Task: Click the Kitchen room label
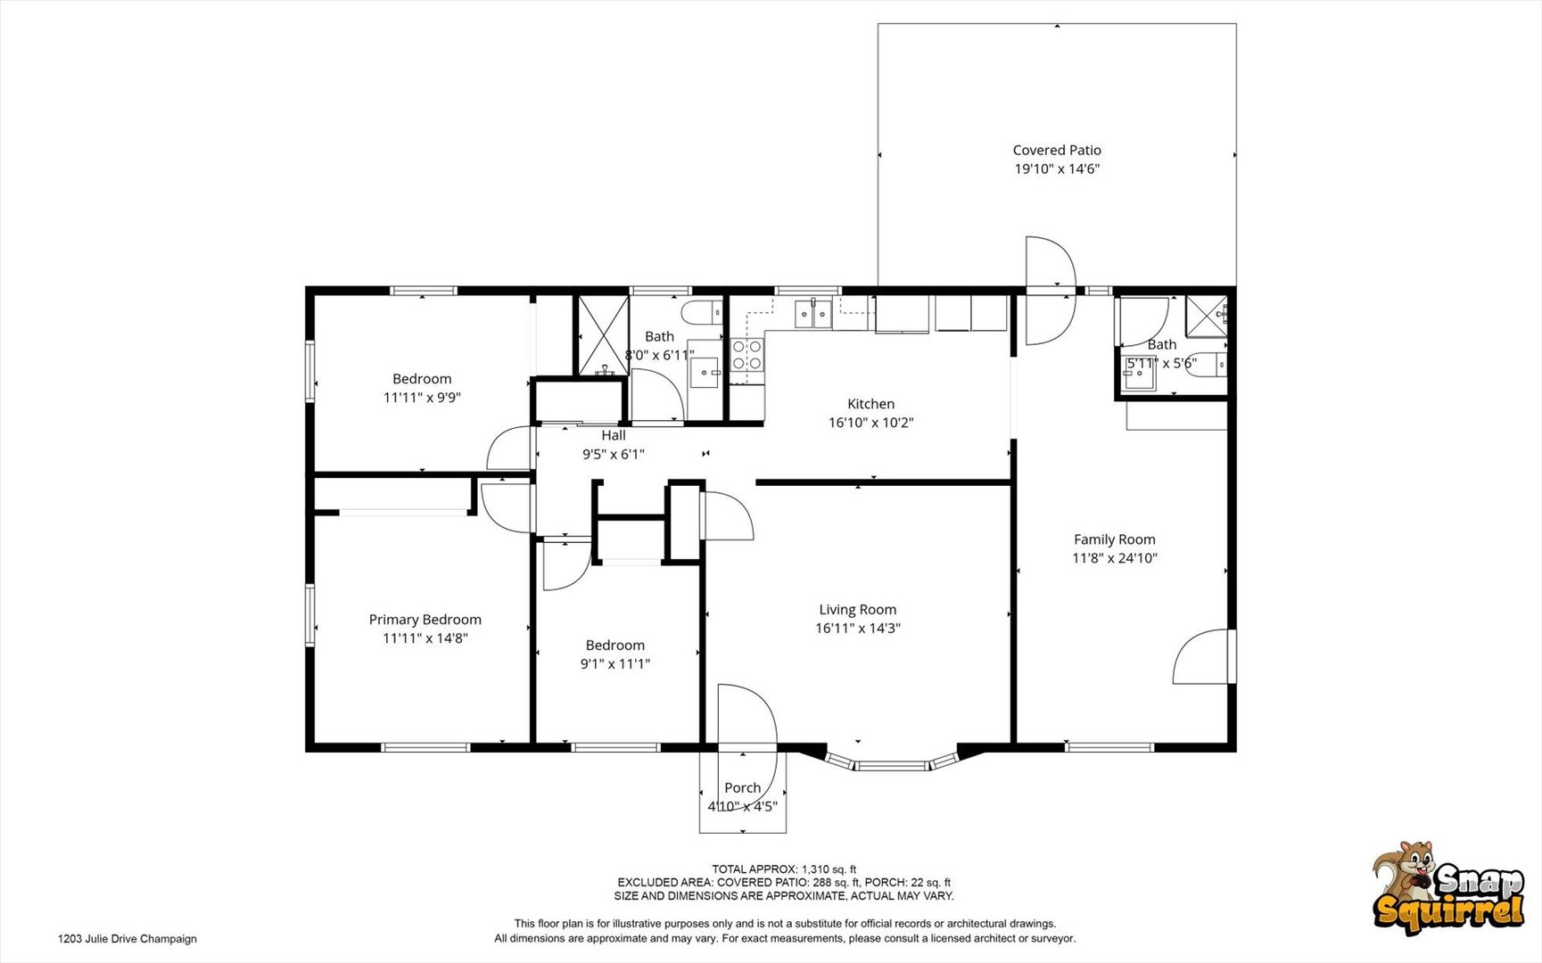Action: (x=870, y=404)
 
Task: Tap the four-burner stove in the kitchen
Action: (x=747, y=355)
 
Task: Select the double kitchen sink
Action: (x=813, y=314)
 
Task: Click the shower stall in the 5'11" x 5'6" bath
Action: (x=1207, y=317)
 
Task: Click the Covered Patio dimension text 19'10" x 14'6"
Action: (x=1057, y=169)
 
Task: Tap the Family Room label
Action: (x=1114, y=539)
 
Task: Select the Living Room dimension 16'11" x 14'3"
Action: (x=857, y=628)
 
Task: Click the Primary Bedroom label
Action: (x=425, y=620)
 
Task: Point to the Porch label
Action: (x=742, y=787)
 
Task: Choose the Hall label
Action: (x=613, y=435)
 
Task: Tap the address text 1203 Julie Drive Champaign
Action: (x=127, y=938)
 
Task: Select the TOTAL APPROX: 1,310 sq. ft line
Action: (x=784, y=869)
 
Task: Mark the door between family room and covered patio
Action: (x=1050, y=291)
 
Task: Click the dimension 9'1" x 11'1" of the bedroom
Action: (x=614, y=663)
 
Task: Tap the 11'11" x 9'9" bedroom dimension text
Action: (x=422, y=398)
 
